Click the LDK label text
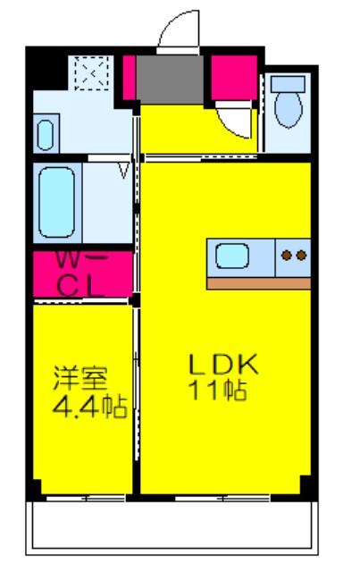pyautogui.click(x=224, y=364)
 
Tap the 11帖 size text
pyautogui.click(x=218, y=390)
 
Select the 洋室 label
pyautogui.click(x=80, y=378)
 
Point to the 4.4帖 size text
pyautogui.click(x=89, y=407)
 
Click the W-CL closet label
pyautogui.click(x=80, y=274)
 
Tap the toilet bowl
pyautogui.click(x=288, y=109)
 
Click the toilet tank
pyautogui.click(x=288, y=84)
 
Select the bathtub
pyautogui.click(x=56, y=202)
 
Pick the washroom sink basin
pyautogui.click(x=46, y=135)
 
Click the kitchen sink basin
pyautogui.click(x=232, y=256)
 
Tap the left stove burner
pyautogui.click(x=287, y=256)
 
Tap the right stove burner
pyautogui.click(x=301, y=256)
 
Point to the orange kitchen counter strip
pyautogui.click(x=259, y=283)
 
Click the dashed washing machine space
pyautogui.click(x=92, y=73)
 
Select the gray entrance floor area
pyautogui.click(x=170, y=80)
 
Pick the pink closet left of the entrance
pyautogui.click(x=129, y=78)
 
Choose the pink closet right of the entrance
pyautogui.click(x=234, y=78)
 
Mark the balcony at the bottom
pyautogui.click(x=172, y=527)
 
